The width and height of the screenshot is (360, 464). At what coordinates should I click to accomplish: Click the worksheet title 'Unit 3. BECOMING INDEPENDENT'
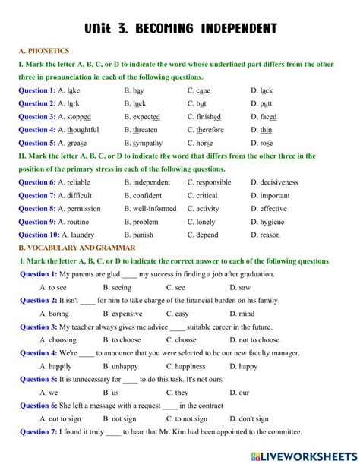(x=180, y=29)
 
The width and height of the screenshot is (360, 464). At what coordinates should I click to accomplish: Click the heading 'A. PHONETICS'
(x=43, y=51)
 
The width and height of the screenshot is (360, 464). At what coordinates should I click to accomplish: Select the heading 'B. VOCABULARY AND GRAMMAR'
(x=77, y=248)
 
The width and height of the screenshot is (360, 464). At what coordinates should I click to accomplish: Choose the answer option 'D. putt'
(x=262, y=103)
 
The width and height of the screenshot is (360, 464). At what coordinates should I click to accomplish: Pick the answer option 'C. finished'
(x=204, y=117)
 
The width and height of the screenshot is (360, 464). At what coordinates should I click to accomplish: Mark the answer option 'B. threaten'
(x=141, y=130)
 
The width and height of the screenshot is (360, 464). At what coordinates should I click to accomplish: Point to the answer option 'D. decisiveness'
(x=274, y=182)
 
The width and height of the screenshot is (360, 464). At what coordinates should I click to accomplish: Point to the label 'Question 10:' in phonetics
(x=38, y=235)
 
